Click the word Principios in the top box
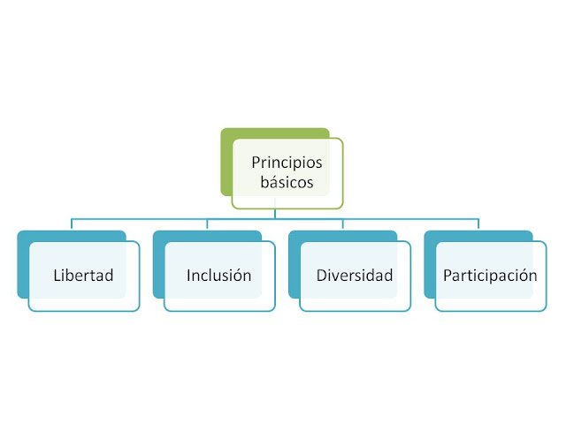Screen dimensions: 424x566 [287, 163]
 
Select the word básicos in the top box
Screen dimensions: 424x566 [287, 184]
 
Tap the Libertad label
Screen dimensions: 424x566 [83, 275]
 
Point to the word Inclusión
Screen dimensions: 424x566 [218, 275]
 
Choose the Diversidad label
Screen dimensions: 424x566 [355, 275]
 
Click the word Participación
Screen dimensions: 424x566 [490, 275]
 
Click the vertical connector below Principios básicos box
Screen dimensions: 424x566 [275, 213]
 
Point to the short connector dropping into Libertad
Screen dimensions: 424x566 [72, 223]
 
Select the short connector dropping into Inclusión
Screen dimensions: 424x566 [207, 223]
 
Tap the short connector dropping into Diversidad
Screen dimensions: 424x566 [343, 223]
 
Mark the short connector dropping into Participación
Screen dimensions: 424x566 [478, 223]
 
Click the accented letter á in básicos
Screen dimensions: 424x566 [272, 184]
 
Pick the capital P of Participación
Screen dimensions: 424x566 [447, 275]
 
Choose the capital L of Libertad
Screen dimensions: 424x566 [56, 275]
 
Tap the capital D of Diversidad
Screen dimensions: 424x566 [322, 275]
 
